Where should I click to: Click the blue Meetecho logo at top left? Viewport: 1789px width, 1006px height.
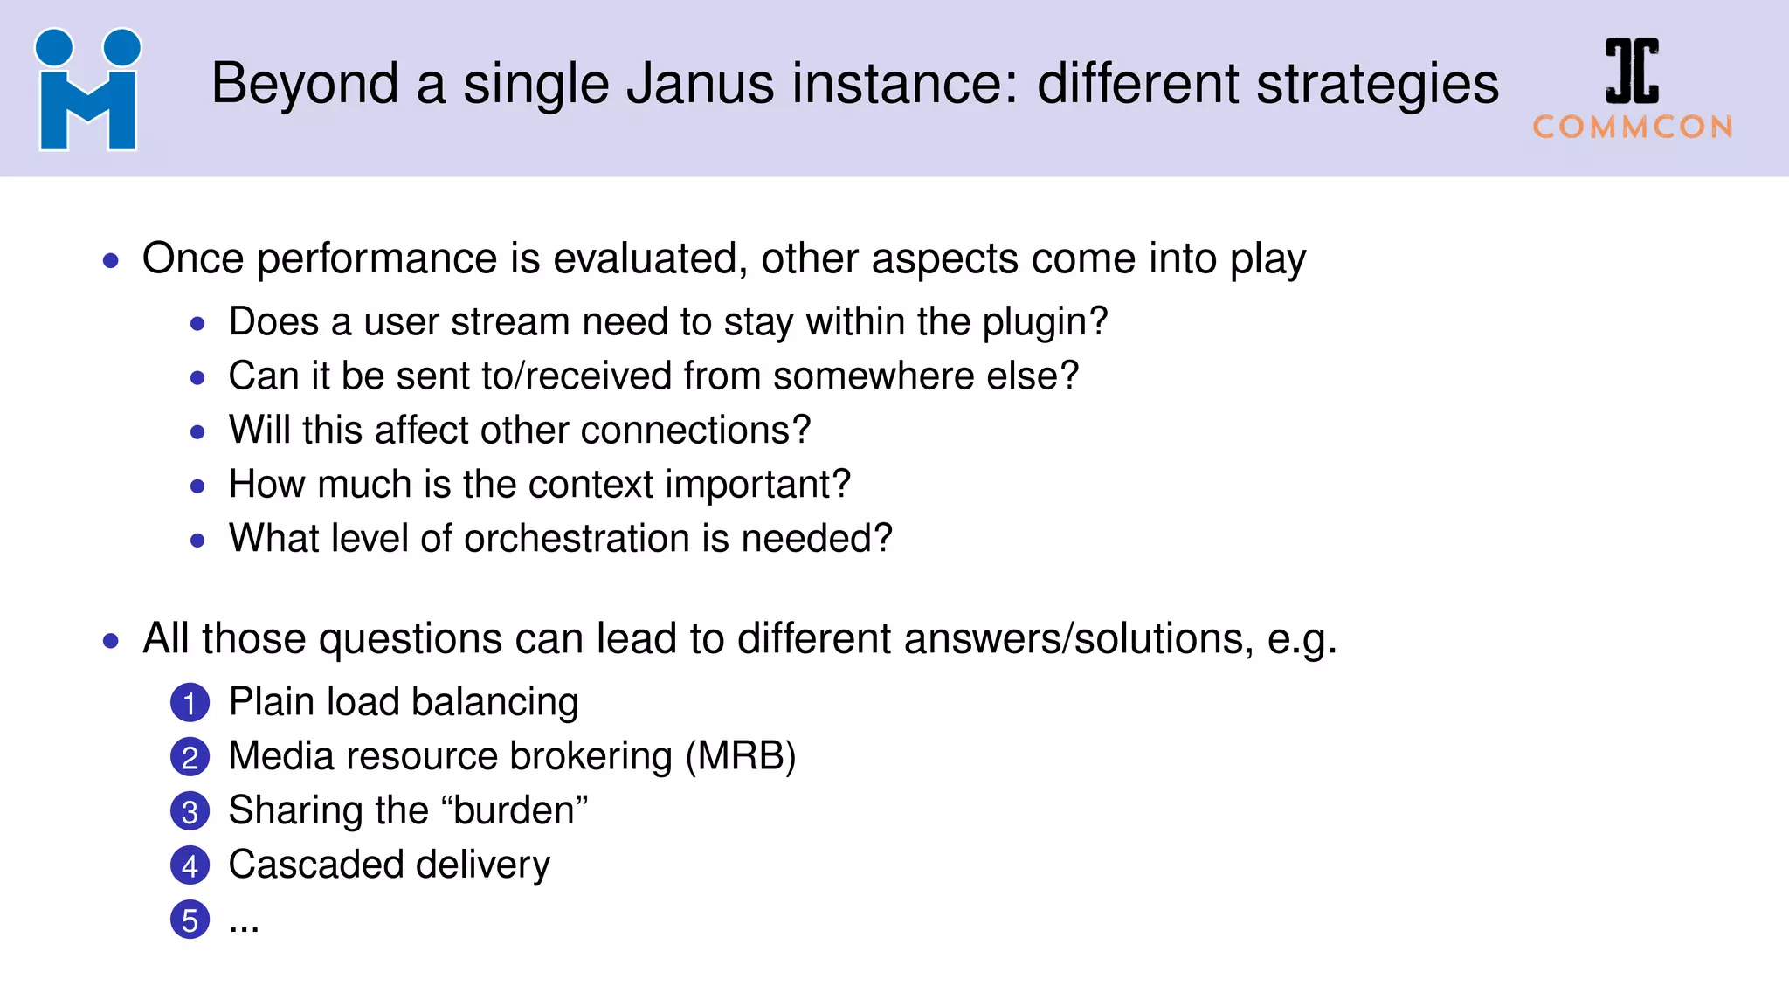pos(87,90)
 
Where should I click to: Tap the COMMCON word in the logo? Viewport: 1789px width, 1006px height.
pos(1633,127)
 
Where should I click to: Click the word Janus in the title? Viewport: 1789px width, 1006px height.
pos(700,85)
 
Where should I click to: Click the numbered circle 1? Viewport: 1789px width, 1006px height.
pos(190,703)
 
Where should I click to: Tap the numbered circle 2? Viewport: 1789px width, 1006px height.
pos(190,757)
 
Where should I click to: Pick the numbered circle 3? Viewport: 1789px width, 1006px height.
pos(190,811)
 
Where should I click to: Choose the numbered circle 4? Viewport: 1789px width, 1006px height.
pos(190,865)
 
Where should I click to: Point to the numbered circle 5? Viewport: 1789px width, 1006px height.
pos(190,920)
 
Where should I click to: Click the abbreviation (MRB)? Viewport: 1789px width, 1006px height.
pos(741,756)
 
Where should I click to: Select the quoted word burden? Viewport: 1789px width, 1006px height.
pos(515,810)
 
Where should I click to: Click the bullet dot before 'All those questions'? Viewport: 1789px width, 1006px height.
pos(110,641)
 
